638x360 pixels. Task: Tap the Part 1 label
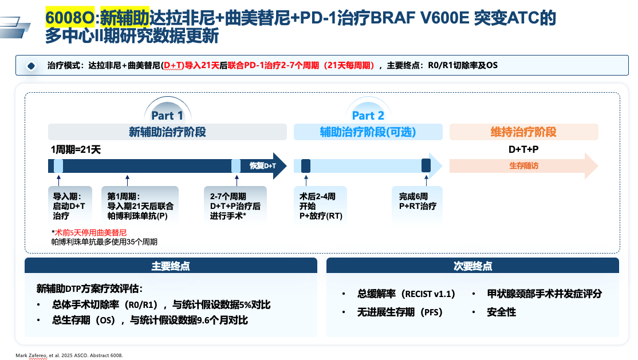[x=167, y=116]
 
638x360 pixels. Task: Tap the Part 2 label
[x=368, y=116]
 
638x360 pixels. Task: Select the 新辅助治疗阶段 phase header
[x=167, y=132]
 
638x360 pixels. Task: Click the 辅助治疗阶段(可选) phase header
[x=368, y=132]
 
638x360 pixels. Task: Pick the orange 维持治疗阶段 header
[x=523, y=132]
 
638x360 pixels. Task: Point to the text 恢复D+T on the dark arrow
[x=262, y=166]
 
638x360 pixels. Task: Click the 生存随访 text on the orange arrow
[x=523, y=166]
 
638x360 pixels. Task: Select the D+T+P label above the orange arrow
[x=523, y=149]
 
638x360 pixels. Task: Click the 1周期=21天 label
[x=76, y=149]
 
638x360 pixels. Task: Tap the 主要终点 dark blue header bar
[x=171, y=266]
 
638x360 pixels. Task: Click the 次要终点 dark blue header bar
[x=472, y=266]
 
